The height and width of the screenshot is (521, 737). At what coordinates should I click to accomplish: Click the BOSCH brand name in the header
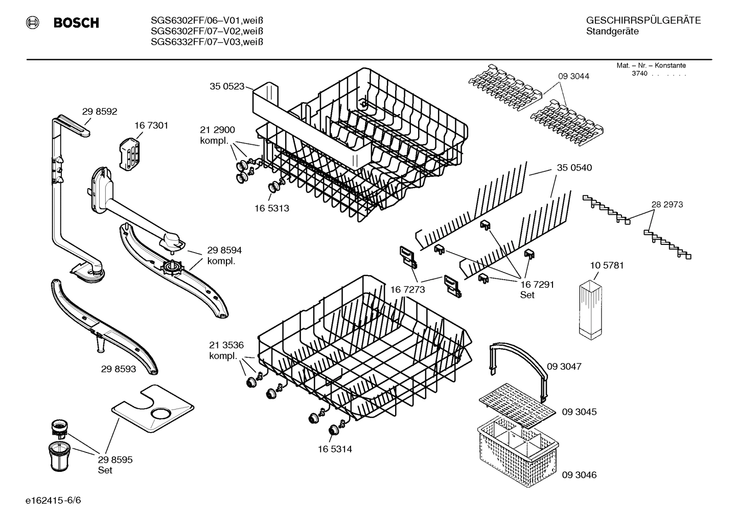(x=76, y=23)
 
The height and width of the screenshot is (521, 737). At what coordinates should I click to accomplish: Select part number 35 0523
(x=227, y=86)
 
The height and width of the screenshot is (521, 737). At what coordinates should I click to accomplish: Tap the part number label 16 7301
(x=151, y=125)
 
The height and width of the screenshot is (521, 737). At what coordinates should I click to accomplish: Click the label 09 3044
(x=573, y=76)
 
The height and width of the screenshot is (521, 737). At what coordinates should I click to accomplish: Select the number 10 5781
(x=607, y=266)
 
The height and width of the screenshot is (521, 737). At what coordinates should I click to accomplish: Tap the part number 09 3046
(x=579, y=475)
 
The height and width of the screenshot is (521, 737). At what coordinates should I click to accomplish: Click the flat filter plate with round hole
(x=153, y=408)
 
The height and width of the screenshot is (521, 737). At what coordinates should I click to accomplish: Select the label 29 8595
(x=115, y=460)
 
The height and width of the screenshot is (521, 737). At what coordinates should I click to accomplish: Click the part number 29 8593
(x=119, y=369)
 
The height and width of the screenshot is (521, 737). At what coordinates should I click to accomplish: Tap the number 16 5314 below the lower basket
(x=334, y=449)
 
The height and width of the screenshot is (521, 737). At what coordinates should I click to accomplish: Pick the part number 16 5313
(x=271, y=209)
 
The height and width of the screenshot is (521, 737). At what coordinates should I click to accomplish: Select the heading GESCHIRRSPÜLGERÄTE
(x=643, y=20)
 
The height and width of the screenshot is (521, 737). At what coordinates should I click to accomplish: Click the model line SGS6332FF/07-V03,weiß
(x=206, y=42)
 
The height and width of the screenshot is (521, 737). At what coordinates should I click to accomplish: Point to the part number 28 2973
(x=667, y=205)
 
